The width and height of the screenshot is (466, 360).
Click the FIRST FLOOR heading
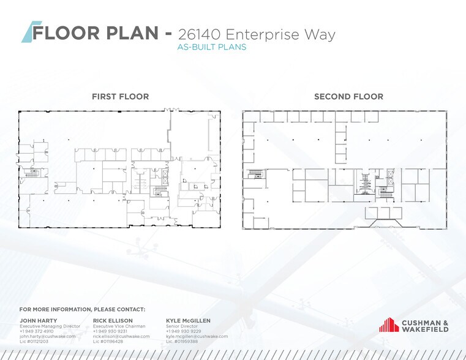tap(120, 97)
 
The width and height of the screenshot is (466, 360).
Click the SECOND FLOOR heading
tap(348, 97)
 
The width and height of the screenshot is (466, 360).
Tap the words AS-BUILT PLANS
tap(211, 47)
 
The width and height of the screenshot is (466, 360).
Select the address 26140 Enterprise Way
tap(256, 34)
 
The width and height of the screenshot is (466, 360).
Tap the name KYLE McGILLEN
tap(189, 320)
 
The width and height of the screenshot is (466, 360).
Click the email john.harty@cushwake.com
tap(48, 336)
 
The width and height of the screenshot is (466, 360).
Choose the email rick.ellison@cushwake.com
tap(121, 336)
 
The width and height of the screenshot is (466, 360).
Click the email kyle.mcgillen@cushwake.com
tap(197, 336)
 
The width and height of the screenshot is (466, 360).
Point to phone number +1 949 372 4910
tap(37, 331)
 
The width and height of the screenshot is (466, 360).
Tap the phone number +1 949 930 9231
tap(110, 331)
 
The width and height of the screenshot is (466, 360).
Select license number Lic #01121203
tap(35, 341)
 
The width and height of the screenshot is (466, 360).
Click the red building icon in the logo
tap(388, 325)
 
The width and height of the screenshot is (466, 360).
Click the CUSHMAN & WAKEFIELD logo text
tap(425, 326)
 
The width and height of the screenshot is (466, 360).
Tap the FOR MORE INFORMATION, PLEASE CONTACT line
tap(82, 310)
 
